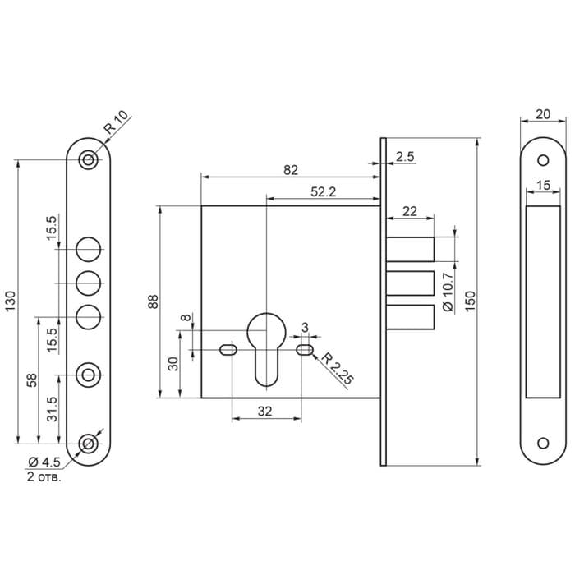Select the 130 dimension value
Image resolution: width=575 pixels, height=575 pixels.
(11, 301)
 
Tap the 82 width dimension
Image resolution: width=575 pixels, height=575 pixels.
(290, 169)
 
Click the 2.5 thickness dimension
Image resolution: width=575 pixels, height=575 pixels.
(404, 156)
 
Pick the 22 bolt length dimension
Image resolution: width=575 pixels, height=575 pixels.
(410, 211)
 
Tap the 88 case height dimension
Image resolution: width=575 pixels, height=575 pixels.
(153, 301)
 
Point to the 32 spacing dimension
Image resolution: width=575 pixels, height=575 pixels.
(264, 412)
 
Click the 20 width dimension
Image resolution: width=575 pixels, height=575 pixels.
(542, 115)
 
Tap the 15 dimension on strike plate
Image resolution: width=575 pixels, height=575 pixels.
(542, 186)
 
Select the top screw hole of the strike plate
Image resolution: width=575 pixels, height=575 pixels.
(543, 160)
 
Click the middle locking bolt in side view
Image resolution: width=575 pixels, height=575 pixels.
(411, 283)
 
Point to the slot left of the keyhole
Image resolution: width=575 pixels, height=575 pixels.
(228, 351)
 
